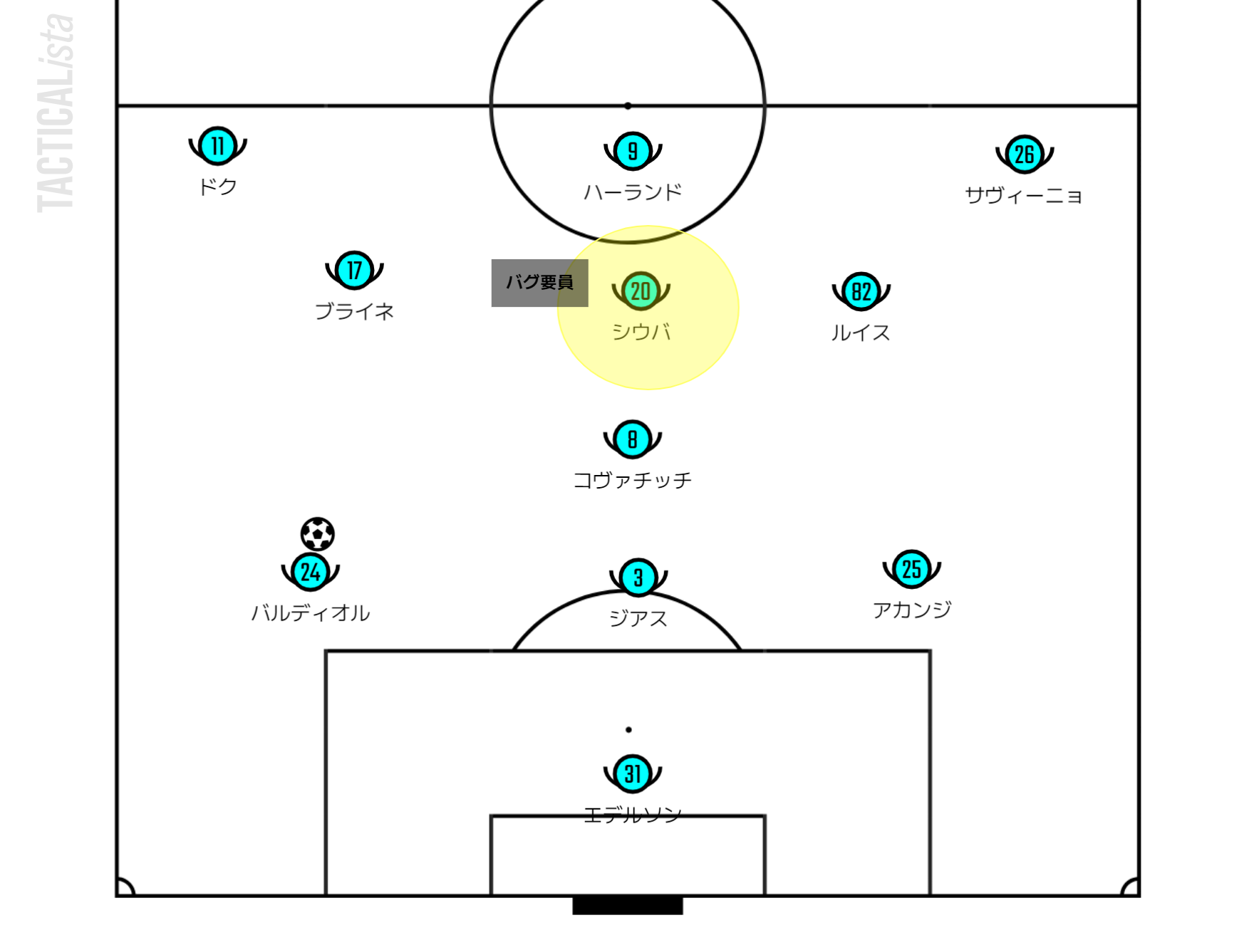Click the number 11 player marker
point(217,146)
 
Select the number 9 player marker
point(633,151)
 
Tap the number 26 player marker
point(1024,154)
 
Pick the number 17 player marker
point(354,271)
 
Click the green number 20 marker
point(641,291)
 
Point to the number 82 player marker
point(861,291)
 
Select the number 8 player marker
point(632,439)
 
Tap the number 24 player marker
point(310,572)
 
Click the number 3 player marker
point(638,578)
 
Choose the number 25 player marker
point(911,569)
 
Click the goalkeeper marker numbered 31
point(632,773)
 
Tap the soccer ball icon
point(317,534)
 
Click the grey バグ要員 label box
point(539,283)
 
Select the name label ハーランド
point(633,192)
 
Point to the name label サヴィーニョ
point(1024,195)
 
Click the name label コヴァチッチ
point(632,481)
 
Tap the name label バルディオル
point(311,613)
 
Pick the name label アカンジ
point(912,610)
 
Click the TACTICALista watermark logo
point(56,114)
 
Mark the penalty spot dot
point(628,730)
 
